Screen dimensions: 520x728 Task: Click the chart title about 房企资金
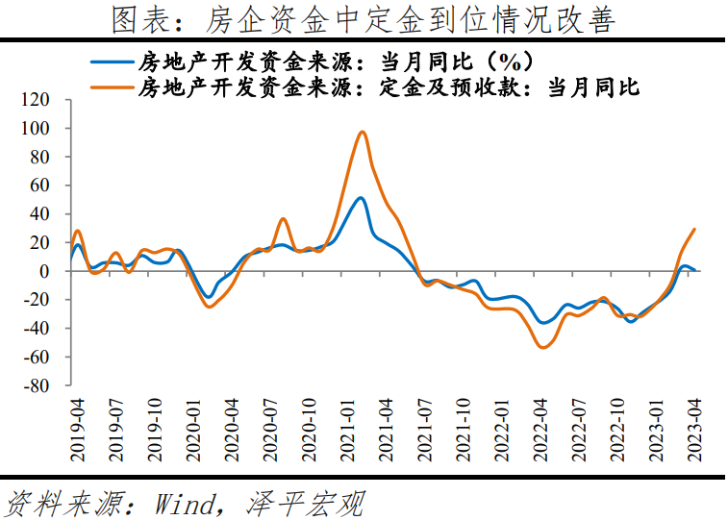tap(364, 19)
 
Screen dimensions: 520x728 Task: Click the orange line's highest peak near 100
tap(362, 132)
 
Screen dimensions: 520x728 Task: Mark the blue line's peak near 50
tap(360, 198)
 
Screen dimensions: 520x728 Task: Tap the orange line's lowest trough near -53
tap(542, 347)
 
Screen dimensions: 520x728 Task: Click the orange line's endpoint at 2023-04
tap(694, 230)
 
